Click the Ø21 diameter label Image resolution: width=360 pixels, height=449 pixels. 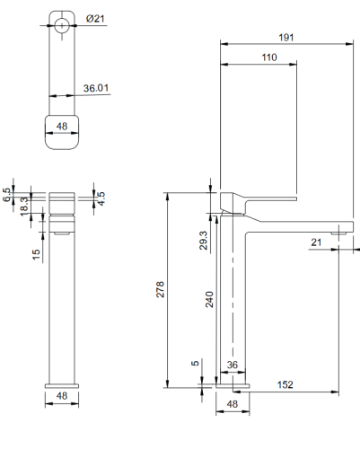point(95,19)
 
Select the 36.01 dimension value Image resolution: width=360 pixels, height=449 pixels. point(96,88)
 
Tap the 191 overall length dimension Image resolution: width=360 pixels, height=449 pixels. point(286,38)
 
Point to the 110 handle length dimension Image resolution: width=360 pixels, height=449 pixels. point(269,57)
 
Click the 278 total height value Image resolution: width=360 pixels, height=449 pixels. point(161,289)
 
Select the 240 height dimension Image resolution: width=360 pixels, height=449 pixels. point(209,299)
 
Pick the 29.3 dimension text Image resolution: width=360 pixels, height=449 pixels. point(203,241)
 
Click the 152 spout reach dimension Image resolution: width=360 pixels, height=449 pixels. point(285,384)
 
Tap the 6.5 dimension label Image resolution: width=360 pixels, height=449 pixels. point(6,195)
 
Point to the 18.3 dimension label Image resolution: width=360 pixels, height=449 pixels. point(24,206)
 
